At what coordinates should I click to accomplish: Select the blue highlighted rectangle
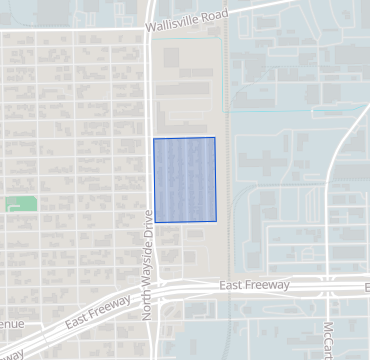(184, 179)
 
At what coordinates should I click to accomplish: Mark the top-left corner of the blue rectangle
(153, 138)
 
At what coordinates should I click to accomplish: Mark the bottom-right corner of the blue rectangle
(216, 221)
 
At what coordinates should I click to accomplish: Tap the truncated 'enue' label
(12, 324)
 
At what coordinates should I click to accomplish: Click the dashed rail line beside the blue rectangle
(229, 180)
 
